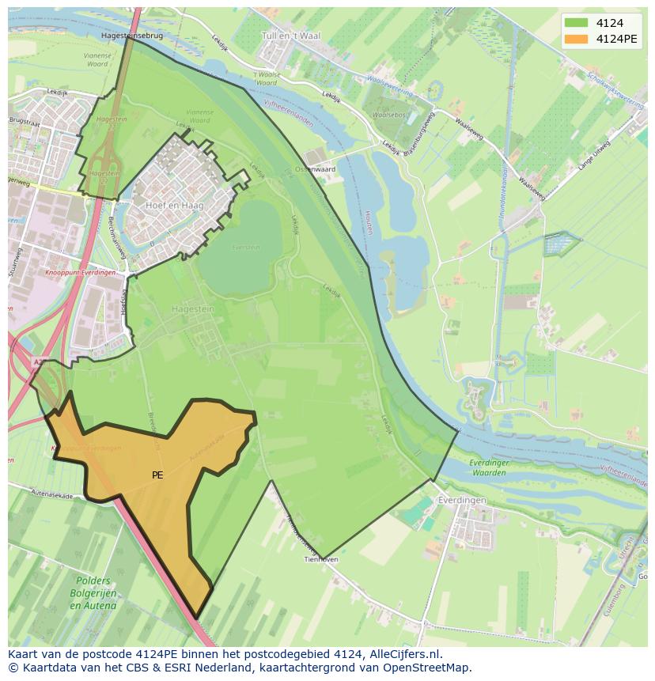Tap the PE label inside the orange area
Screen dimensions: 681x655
coord(157,475)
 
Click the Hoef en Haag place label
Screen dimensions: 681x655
coord(175,206)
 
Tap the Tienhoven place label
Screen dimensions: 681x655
coord(322,559)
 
